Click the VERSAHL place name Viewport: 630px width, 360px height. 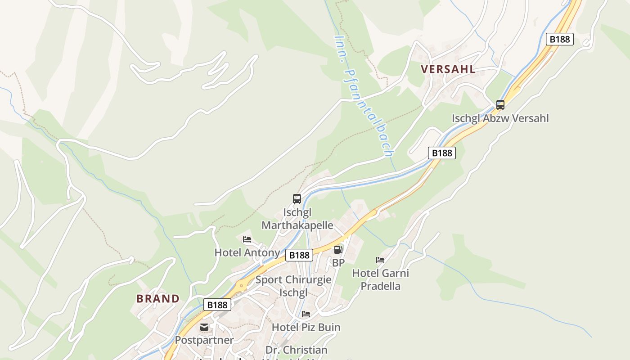coord(448,69)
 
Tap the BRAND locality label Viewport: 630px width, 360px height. coord(158,298)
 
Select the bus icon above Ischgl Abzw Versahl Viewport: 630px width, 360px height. coord(500,105)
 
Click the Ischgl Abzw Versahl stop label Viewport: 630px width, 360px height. coord(500,118)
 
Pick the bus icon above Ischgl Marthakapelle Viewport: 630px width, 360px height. coord(297,198)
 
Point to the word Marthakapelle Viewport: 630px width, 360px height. coord(297,225)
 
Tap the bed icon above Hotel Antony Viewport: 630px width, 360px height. coord(247,239)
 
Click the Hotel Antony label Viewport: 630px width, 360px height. coord(247,252)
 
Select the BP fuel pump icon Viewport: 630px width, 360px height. coord(338,249)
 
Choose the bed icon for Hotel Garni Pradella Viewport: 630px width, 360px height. coord(380,260)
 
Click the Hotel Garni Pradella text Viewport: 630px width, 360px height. coord(380,279)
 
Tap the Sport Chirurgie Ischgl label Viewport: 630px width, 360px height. coord(293,286)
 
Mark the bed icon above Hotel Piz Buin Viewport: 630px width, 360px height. coord(306,314)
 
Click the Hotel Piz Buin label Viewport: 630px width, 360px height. coord(306,327)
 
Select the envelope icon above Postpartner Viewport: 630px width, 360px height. coord(204,327)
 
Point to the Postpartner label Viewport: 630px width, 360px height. coord(204,340)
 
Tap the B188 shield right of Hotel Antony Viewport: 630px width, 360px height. coord(299,255)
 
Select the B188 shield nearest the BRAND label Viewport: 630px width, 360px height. coord(217,305)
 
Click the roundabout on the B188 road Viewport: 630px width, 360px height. coord(242,285)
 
